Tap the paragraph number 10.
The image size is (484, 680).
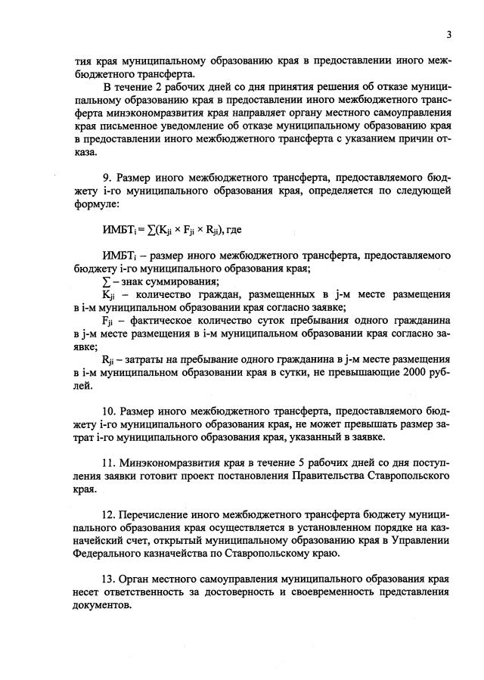[x=107, y=411]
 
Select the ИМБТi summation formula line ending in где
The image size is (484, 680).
[x=171, y=230]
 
